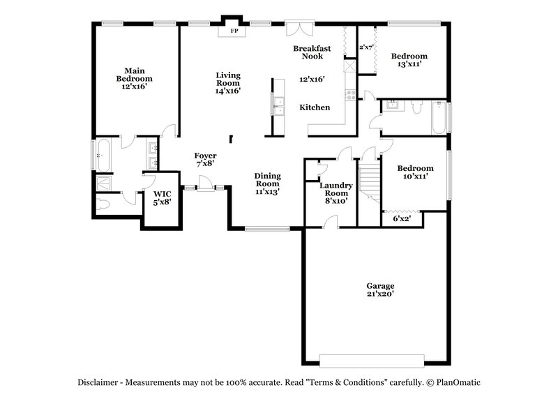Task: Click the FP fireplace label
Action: click(x=233, y=31)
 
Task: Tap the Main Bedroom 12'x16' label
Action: click(x=133, y=79)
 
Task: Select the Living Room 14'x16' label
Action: click(x=227, y=82)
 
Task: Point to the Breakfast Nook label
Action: click(x=312, y=52)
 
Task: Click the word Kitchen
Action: click(x=315, y=107)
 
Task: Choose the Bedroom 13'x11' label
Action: click(x=409, y=60)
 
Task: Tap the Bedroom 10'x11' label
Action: click(x=415, y=172)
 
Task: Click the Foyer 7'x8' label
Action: click(x=205, y=160)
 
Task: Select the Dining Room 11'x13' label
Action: click(x=267, y=183)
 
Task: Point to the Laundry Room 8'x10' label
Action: click(x=336, y=193)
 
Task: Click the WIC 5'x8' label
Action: click(x=162, y=197)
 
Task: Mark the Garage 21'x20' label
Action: click(x=381, y=290)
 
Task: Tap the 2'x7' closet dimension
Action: click(x=367, y=47)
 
